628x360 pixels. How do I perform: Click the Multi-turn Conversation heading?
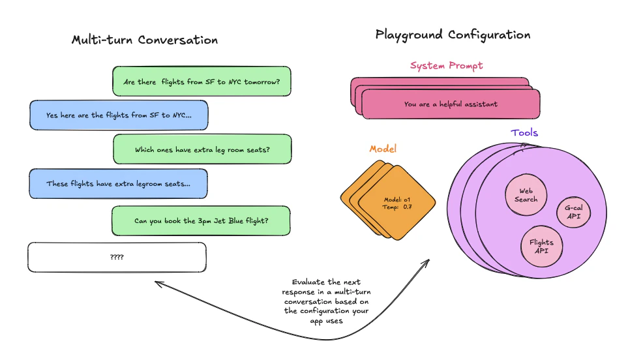144,40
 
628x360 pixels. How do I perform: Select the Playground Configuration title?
453,35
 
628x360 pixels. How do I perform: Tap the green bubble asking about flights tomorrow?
202,82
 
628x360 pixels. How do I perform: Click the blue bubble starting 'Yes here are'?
119,115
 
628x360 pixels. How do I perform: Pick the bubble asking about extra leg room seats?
202,149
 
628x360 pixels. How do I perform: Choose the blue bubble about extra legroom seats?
118,184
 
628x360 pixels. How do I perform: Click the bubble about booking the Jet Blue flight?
201,220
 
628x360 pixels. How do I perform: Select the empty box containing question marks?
117,257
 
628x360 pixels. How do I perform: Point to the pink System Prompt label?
446,65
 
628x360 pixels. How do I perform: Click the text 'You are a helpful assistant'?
451,104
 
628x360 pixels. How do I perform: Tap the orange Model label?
383,149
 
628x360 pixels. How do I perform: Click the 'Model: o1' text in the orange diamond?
397,199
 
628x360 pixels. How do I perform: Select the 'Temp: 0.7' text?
397,207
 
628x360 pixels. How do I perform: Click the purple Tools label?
524,132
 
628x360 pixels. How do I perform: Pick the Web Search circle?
526,195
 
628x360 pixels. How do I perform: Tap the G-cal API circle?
574,210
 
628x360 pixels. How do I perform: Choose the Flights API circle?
541,247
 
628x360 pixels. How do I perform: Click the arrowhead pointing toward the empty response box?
157,282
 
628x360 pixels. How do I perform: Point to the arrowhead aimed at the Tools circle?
427,262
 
